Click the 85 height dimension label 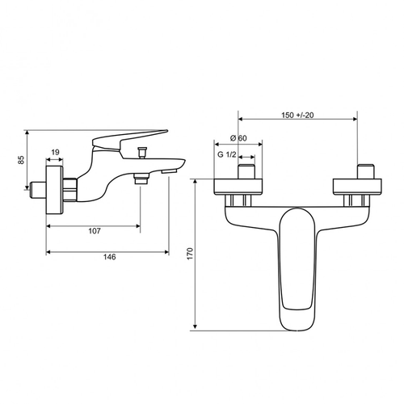coord(21,159)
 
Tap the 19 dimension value coord(55,153)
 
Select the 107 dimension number coord(95,231)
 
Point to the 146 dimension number coord(110,257)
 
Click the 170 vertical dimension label coord(190,254)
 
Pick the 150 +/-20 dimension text coord(297,116)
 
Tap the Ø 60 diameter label coord(238,138)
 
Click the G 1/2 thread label coord(227,154)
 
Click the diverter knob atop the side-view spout coord(142,153)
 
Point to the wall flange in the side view coord(55,190)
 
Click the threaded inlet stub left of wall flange coord(38,190)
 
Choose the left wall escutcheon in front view coord(238,187)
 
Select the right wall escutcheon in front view coord(357,187)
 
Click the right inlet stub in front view coord(366,171)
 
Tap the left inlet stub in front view coord(246,171)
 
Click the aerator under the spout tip coord(169,171)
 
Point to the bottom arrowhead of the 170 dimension coord(196,327)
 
